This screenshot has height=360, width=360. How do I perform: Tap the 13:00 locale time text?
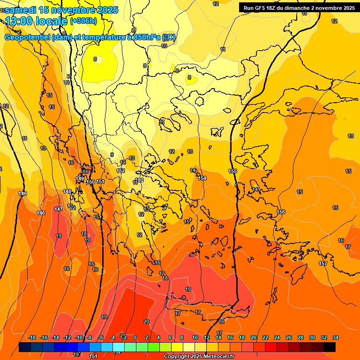coord(37,21)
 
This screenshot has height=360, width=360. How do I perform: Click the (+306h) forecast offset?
coord(83,21)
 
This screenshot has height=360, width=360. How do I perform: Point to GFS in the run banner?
coord(262,7)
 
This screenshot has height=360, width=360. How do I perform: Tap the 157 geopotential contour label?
coord(323,264)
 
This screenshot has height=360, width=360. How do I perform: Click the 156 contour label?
coord(281,212)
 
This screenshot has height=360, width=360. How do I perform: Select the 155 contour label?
coord(232,171)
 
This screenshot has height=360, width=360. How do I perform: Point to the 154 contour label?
coord(202,178)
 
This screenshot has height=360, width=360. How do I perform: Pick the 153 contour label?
coord(140,180)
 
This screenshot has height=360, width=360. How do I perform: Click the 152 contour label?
coord(121,171)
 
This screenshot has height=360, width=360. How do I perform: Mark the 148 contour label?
coord(67,191)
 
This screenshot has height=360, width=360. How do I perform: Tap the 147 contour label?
coord(59,209)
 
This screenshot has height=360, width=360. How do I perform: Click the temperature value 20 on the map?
coord(146,322)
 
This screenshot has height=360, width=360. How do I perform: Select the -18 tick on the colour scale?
coord(32,338)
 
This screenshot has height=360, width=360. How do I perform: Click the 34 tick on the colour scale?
coord(335,338)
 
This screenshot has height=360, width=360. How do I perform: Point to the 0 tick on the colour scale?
coord(135,338)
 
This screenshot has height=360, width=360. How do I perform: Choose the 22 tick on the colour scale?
coord(265,338)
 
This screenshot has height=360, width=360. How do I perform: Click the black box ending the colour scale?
coord(329,347)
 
